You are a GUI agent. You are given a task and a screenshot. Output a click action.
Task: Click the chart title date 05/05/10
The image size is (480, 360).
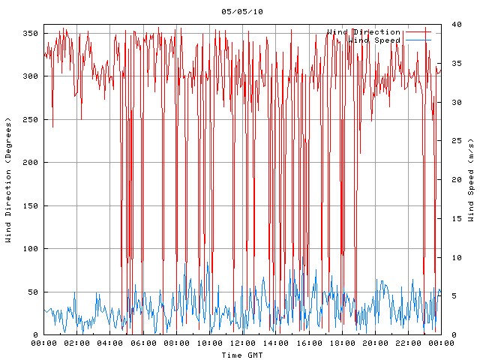(x=242, y=11)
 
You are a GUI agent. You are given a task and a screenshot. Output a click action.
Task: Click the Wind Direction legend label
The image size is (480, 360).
(x=364, y=32)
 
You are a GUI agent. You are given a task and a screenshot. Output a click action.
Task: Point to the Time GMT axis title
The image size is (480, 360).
(x=242, y=355)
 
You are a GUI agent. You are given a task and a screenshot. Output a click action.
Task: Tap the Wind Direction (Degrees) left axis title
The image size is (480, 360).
(x=8, y=180)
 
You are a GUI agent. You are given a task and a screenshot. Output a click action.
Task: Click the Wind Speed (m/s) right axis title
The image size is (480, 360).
(x=471, y=180)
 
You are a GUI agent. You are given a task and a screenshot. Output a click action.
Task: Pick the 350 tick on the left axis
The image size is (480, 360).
(x=30, y=33)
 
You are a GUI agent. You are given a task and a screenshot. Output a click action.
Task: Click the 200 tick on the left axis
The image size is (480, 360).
(x=30, y=163)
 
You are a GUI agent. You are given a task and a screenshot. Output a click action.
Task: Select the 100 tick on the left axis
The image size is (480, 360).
(x=30, y=249)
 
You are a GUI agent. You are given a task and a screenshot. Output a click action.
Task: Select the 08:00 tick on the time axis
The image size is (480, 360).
(x=176, y=343)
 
